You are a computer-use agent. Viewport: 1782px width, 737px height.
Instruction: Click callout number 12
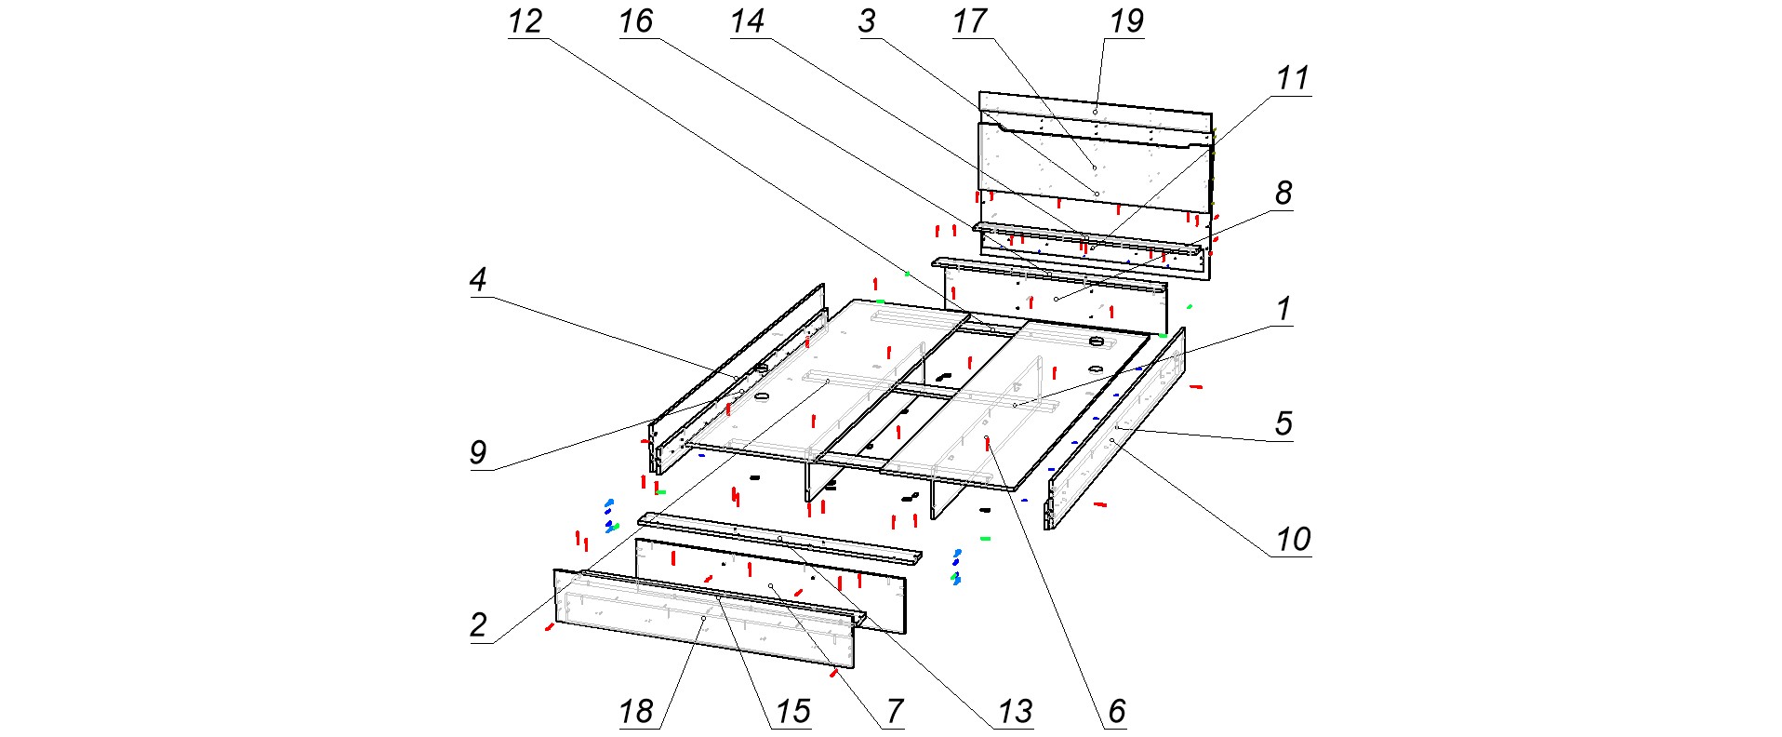click(x=525, y=21)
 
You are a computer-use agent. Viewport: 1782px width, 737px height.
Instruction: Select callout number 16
click(x=636, y=21)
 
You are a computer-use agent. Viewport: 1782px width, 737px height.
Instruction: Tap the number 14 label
click(x=748, y=21)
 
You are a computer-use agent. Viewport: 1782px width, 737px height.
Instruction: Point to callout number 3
click(x=867, y=21)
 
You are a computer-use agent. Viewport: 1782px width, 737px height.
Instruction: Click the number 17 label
click(x=969, y=21)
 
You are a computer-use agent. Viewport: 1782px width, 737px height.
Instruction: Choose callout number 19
click(x=1126, y=21)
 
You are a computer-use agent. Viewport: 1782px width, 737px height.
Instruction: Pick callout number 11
click(x=1293, y=79)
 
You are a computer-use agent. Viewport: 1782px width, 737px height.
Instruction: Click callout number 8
click(x=1283, y=194)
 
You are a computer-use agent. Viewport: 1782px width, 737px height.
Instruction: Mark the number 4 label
click(x=478, y=279)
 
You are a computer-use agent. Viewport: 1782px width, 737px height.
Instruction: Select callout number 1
click(x=1283, y=309)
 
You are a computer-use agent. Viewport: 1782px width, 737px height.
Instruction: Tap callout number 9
click(x=478, y=453)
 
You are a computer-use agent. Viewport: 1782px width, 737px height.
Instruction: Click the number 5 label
click(x=1283, y=423)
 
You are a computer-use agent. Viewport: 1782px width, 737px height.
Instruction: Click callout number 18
click(x=636, y=712)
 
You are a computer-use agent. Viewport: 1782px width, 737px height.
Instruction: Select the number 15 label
click(x=792, y=712)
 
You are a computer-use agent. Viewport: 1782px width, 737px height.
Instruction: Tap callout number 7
click(x=895, y=712)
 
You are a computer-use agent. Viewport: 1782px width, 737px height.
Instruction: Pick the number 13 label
click(x=1015, y=712)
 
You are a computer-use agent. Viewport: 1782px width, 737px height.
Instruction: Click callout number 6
click(x=1117, y=712)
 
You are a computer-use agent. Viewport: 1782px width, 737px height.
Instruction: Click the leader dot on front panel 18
click(x=704, y=618)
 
